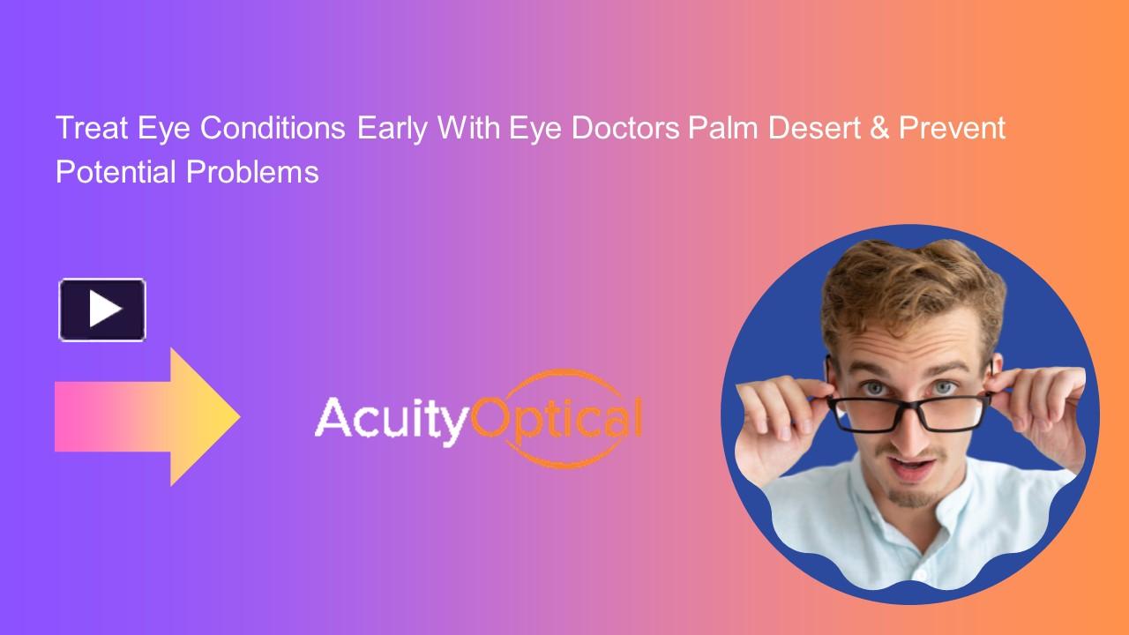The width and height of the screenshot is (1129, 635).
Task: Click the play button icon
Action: click(102, 310)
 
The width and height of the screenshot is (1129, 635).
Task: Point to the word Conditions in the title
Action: click(272, 129)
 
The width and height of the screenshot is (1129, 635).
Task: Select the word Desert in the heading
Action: click(811, 129)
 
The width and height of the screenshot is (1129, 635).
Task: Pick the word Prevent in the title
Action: click(953, 129)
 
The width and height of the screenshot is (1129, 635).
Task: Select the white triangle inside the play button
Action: click(105, 310)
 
